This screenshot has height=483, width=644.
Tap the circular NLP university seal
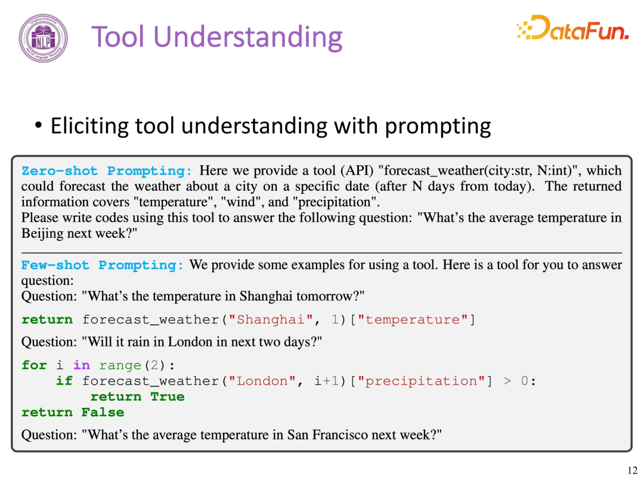pyautogui.click(x=43, y=38)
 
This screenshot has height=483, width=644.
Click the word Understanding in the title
pyautogui.click(x=247, y=38)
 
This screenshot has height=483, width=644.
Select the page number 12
pyautogui.click(x=633, y=470)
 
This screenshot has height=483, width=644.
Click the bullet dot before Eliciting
pyautogui.click(x=38, y=125)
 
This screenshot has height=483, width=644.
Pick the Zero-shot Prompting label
pyautogui.click(x=107, y=171)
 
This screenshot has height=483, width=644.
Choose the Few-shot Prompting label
pyautogui.click(x=103, y=265)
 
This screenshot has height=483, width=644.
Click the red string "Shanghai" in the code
pyautogui.click(x=271, y=320)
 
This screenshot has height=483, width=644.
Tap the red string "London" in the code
pyautogui.click(x=262, y=381)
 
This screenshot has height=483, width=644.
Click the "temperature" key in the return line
pyautogui.click(x=413, y=320)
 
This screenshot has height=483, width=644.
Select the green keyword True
pyautogui.click(x=168, y=397)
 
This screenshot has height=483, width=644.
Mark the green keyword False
pyautogui.click(x=103, y=413)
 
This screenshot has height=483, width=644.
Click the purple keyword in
pyautogui.click(x=82, y=365)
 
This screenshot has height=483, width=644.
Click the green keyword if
pyautogui.click(x=64, y=381)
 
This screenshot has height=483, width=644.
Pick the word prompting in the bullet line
pyautogui.click(x=438, y=126)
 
